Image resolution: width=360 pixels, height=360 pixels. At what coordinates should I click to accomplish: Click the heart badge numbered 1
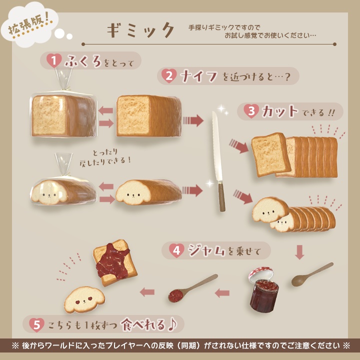click(x=53, y=61)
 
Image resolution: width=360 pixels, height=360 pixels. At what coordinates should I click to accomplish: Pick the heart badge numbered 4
click(x=175, y=250)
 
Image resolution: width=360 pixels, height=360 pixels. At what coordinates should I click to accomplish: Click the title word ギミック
click(x=141, y=30)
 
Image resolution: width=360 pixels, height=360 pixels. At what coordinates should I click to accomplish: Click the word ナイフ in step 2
click(x=199, y=76)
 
